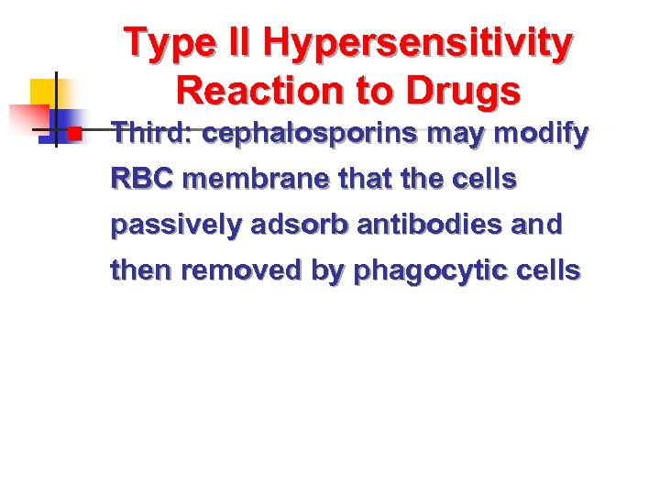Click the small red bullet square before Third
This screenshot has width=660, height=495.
point(74,135)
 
